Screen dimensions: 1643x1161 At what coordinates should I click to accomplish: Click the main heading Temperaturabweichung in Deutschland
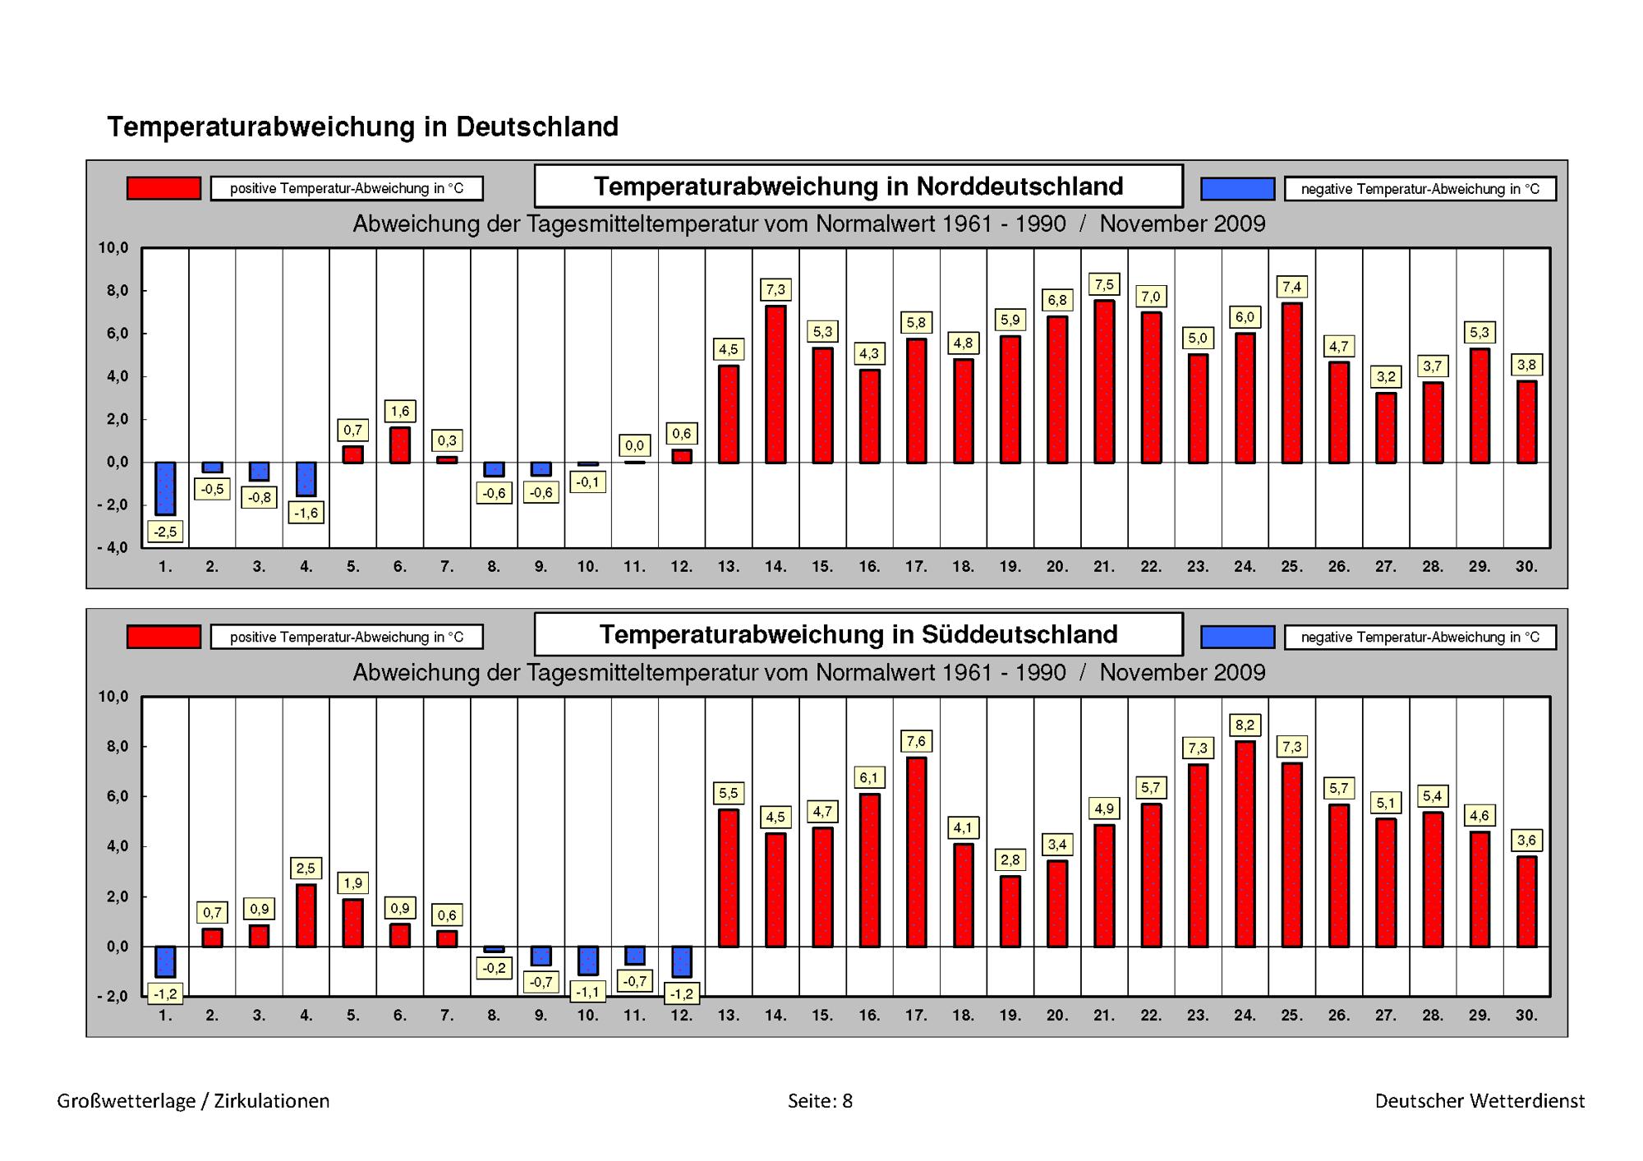click(x=362, y=127)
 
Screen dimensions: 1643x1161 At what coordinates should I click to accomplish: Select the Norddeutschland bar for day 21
click(x=1104, y=381)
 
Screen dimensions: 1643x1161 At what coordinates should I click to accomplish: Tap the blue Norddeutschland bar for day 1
click(x=165, y=489)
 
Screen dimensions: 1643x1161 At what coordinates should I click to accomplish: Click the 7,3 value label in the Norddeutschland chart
click(x=775, y=289)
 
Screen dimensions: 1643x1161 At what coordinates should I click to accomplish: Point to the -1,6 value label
click(x=306, y=514)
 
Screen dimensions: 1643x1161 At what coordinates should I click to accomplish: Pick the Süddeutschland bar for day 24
click(x=1245, y=844)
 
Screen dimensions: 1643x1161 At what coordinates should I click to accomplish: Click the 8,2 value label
click(x=1245, y=725)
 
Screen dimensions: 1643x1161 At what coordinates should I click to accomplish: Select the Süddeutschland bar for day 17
click(x=916, y=852)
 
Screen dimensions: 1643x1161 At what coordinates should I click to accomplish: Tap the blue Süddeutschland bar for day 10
click(x=587, y=961)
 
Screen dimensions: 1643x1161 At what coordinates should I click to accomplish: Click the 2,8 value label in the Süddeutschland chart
click(x=1010, y=860)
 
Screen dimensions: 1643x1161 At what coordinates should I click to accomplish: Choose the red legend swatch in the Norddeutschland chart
click(x=163, y=188)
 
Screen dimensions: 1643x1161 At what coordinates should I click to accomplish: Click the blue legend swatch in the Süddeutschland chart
click(x=1237, y=637)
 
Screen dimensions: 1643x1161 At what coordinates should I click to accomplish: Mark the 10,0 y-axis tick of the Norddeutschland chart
click(x=113, y=248)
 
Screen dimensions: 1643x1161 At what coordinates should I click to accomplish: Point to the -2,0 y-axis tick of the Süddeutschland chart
click(x=113, y=997)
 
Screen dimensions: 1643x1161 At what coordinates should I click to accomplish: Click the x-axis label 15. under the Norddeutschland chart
click(x=822, y=566)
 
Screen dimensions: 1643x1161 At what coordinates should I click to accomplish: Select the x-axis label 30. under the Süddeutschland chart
click(x=1526, y=1016)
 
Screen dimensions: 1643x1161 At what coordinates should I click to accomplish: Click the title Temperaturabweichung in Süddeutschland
click(x=858, y=634)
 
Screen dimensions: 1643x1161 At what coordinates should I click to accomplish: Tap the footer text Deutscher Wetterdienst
click(x=1480, y=1101)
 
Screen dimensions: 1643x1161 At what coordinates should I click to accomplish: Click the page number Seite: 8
click(x=820, y=1101)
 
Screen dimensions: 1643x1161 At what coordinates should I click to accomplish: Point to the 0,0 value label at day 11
click(x=634, y=445)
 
